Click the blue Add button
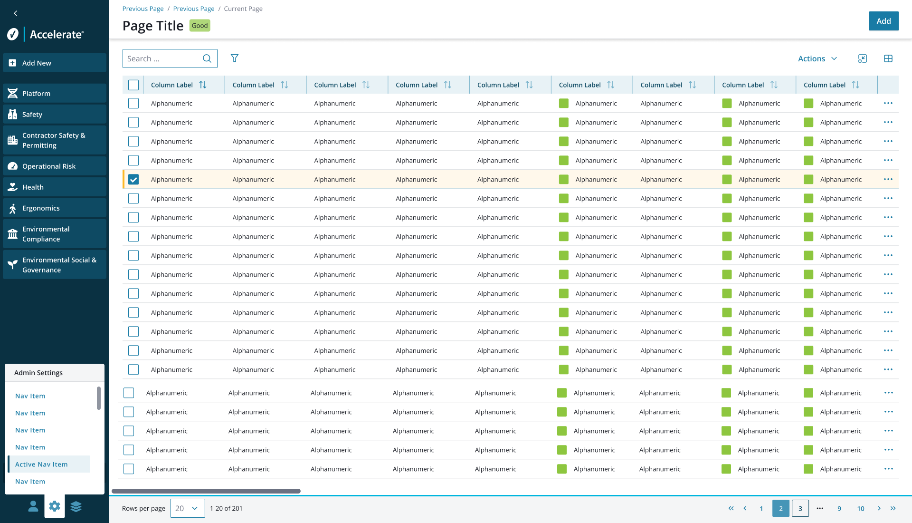pos(883,21)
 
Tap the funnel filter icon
pos(235,58)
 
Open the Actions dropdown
pos(817,58)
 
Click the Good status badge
pos(199,26)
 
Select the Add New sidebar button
pos(55,63)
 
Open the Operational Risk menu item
pos(55,166)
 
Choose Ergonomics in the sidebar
pos(55,208)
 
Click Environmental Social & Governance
pos(55,265)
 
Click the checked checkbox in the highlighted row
pos(133,179)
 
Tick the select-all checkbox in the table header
pos(133,85)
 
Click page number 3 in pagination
pos(800,508)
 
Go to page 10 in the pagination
pos(861,508)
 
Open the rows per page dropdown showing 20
pos(188,508)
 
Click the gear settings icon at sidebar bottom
pos(55,506)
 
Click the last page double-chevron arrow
pos(893,508)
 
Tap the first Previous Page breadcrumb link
pos(143,9)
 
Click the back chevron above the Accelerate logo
pos(16,13)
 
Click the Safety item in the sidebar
pos(55,114)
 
